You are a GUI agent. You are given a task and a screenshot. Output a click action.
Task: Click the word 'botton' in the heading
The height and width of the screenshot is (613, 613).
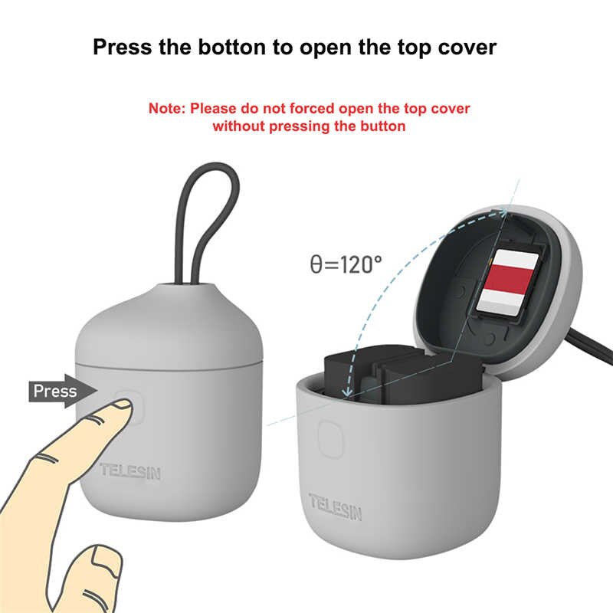pos(232,48)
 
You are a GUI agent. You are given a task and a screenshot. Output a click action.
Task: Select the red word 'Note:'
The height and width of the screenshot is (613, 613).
pos(167,108)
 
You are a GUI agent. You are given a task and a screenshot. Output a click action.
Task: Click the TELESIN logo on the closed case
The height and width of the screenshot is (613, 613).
pos(130,471)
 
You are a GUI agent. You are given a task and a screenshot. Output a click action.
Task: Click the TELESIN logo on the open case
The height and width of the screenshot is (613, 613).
pos(336,506)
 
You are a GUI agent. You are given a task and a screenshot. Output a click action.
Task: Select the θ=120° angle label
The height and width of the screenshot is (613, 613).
pos(346,264)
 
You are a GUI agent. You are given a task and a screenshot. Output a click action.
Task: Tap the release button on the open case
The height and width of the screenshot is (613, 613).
pos(330,438)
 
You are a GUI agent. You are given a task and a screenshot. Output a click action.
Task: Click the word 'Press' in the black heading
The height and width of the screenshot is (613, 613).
pos(122,48)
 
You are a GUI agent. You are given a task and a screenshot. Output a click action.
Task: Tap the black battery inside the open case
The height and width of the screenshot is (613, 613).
pos(403,375)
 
